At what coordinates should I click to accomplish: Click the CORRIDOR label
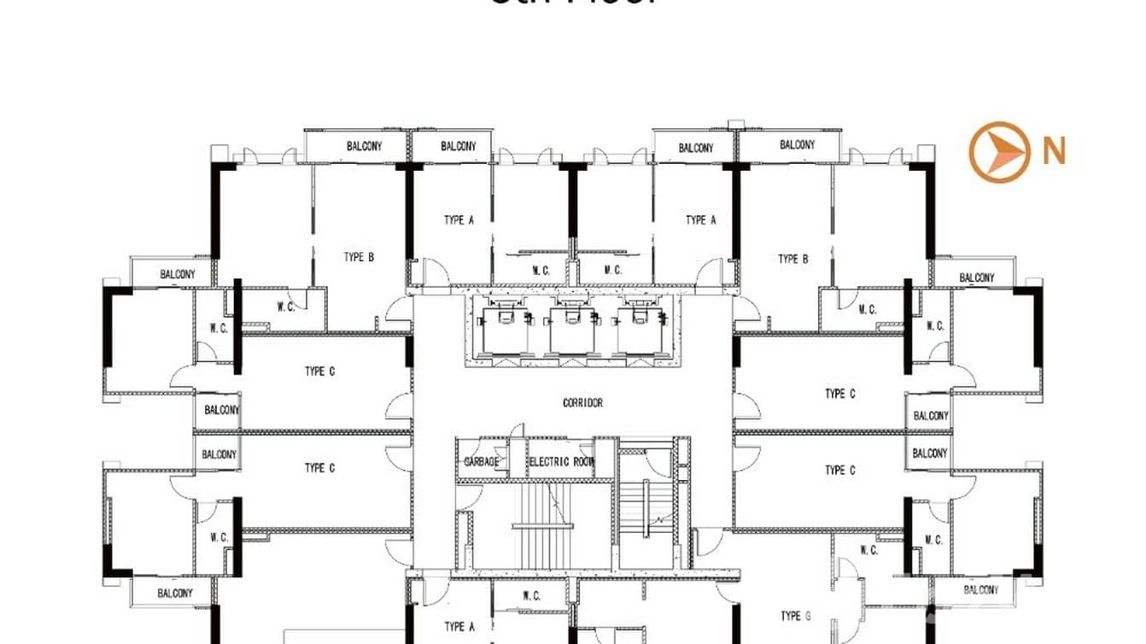point(582,402)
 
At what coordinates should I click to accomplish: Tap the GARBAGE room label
point(481,462)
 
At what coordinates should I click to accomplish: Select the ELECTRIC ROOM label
point(560,462)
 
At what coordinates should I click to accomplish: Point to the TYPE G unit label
point(791,616)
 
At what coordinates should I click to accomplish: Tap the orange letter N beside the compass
point(1054,152)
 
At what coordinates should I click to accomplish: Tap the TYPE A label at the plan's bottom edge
point(459,627)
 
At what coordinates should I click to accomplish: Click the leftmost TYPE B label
point(359,257)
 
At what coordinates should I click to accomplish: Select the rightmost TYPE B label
point(792,259)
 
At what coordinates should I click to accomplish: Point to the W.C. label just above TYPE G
point(868,551)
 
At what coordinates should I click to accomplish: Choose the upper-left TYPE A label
point(459,220)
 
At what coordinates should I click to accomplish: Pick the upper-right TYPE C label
point(840,394)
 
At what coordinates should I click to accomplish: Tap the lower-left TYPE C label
point(319,468)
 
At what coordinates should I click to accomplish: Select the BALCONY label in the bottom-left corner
point(174,593)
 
